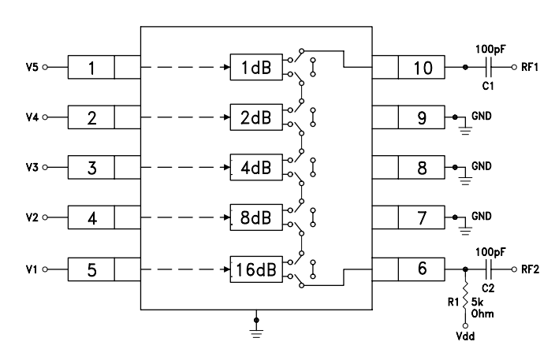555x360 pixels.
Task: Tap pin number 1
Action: click(91, 69)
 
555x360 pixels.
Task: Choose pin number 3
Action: click(91, 169)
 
